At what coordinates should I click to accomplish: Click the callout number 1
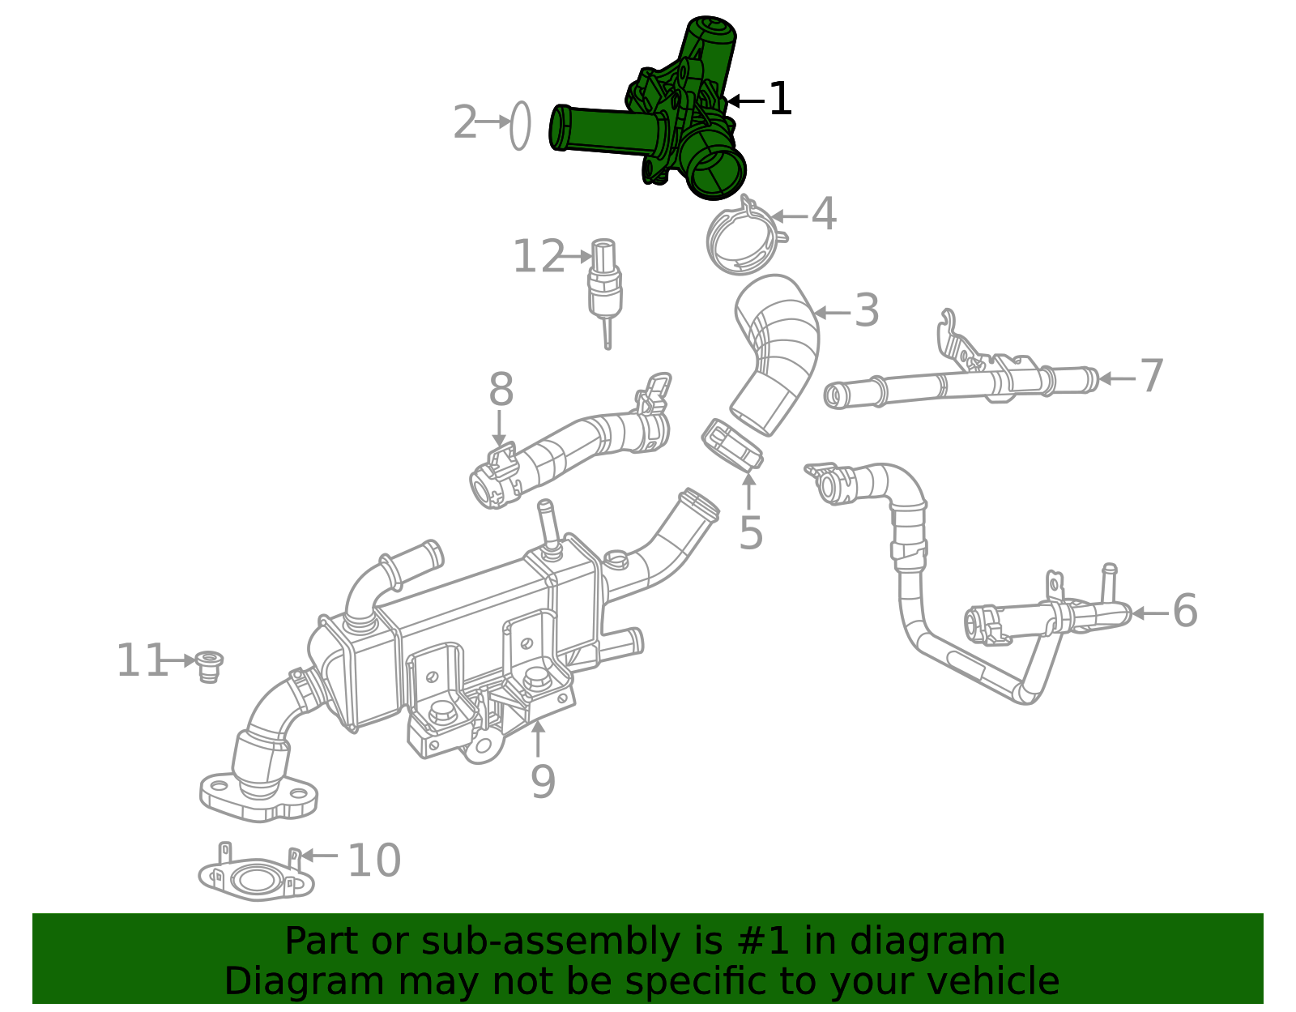(x=779, y=100)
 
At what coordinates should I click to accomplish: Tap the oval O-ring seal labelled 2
(x=520, y=126)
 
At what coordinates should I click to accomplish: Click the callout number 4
(x=824, y=216)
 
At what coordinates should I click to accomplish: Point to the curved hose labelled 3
(x=778, y=348)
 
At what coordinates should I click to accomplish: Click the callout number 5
(x=751, y=534)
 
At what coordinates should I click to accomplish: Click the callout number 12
(x=539, y=258)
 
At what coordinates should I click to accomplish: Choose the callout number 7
(x=1151, y=377)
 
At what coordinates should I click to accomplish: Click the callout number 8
(x=501, y=391)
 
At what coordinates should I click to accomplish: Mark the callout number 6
(x=1184, y=612)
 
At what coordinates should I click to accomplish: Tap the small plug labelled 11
(x=210, y=665)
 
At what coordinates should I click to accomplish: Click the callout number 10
(x=373, y=860)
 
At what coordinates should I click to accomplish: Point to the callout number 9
(x=543, y=782)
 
